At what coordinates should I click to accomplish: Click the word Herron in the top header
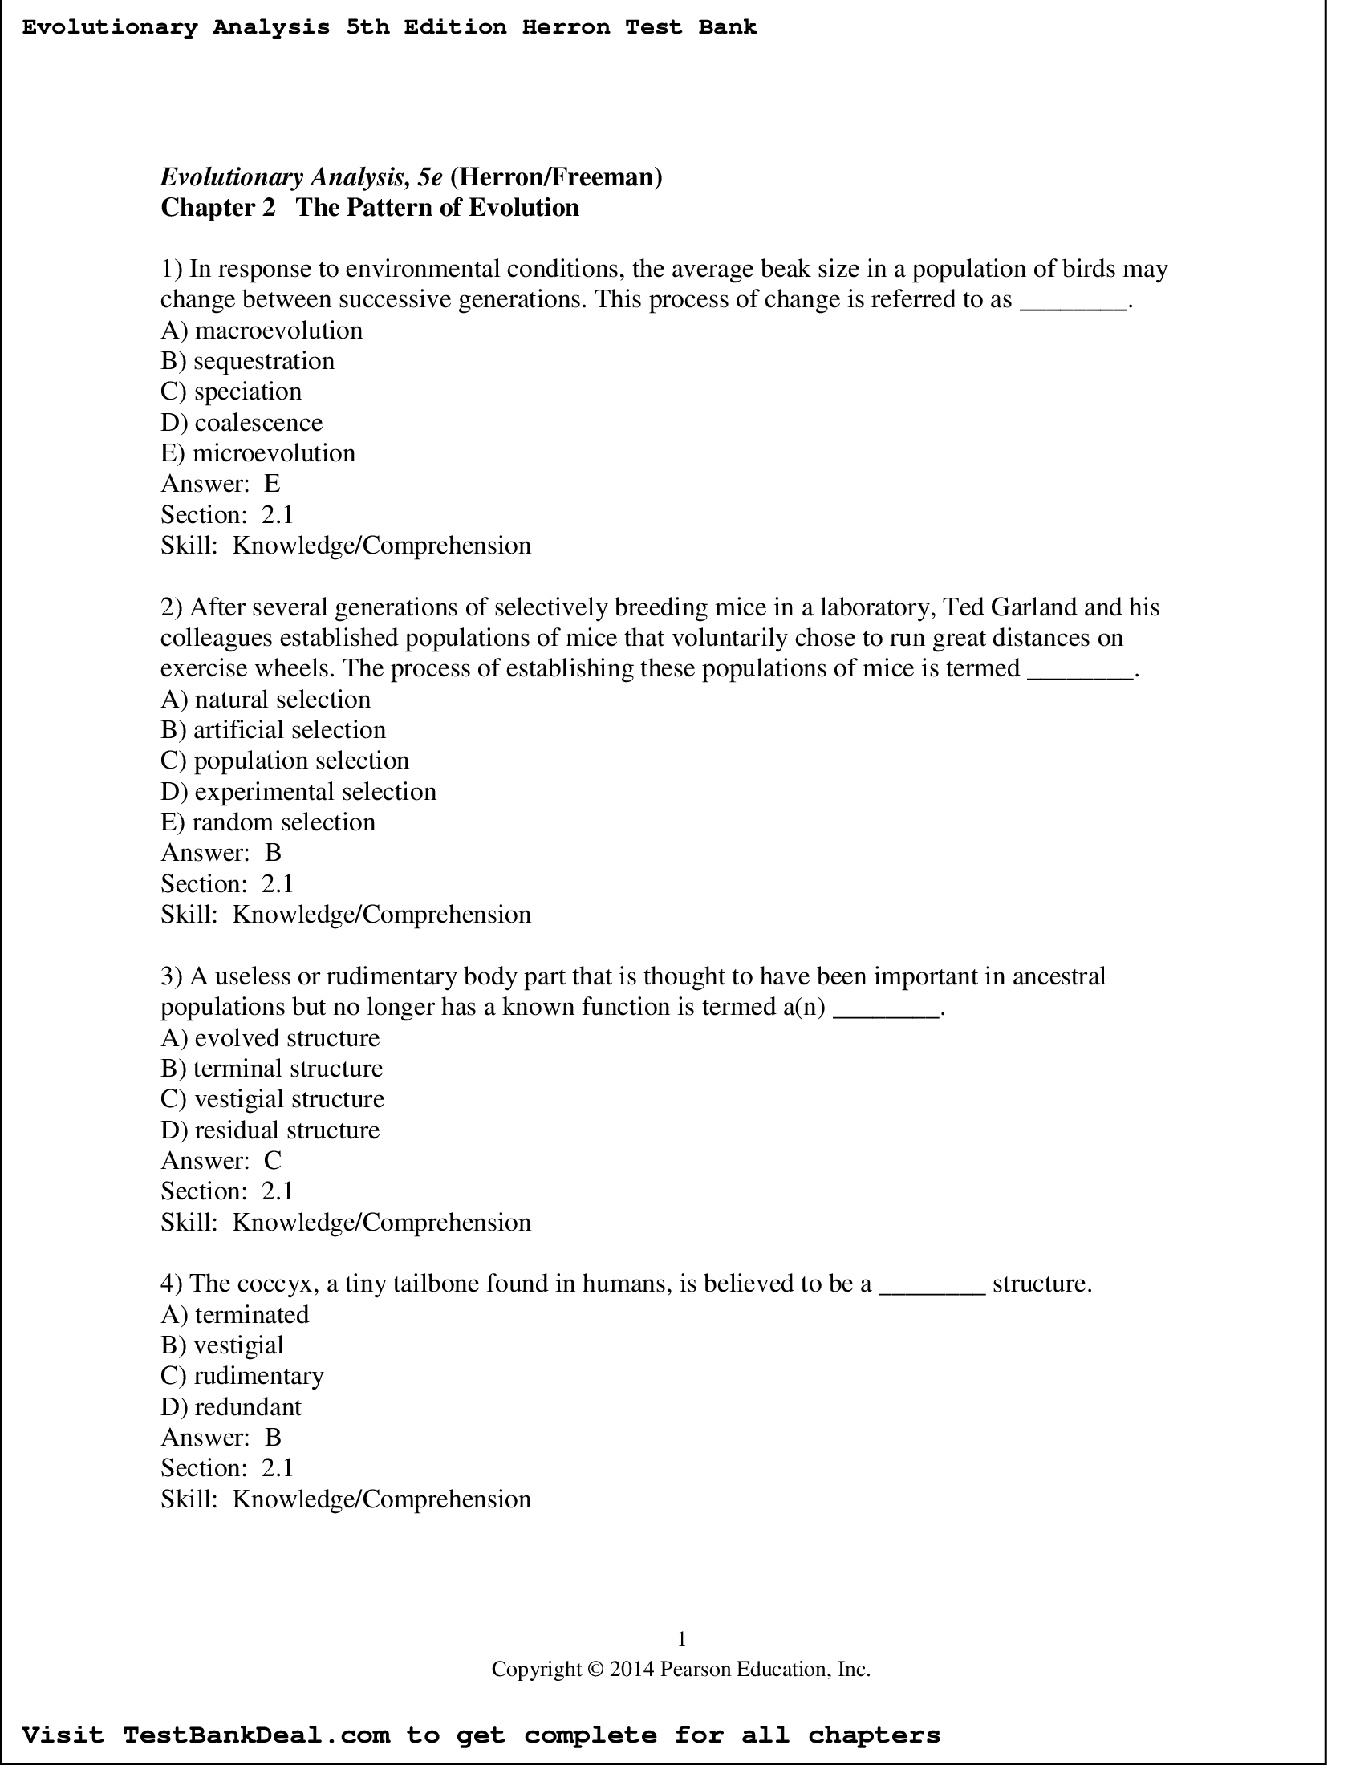tap(566, 27)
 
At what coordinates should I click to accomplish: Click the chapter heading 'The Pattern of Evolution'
tap(437, 208)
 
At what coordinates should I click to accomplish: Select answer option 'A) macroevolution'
tap(262, 331)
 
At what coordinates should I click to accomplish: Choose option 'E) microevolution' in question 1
tap(258, 453)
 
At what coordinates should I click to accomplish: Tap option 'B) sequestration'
tap(247, 361)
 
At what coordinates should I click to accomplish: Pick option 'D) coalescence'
tap(242, 423)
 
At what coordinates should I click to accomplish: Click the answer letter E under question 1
tap(272, 484)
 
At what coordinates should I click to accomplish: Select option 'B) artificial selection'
tap(273, 730)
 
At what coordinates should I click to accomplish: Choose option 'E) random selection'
tap(268, 822)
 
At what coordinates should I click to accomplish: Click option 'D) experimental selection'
tap(298, 791)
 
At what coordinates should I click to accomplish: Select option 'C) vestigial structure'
tap(272, 1099)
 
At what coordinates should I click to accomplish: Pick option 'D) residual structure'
tap(270, 1130)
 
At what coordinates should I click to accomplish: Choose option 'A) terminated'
tap(235, 1314)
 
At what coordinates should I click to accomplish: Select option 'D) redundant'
tap(231, 1407)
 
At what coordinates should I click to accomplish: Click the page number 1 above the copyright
tap(681, 1639)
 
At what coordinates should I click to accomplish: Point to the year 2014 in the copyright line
tap(631, 1669)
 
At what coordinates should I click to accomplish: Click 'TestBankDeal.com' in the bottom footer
tap(256, 1735)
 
